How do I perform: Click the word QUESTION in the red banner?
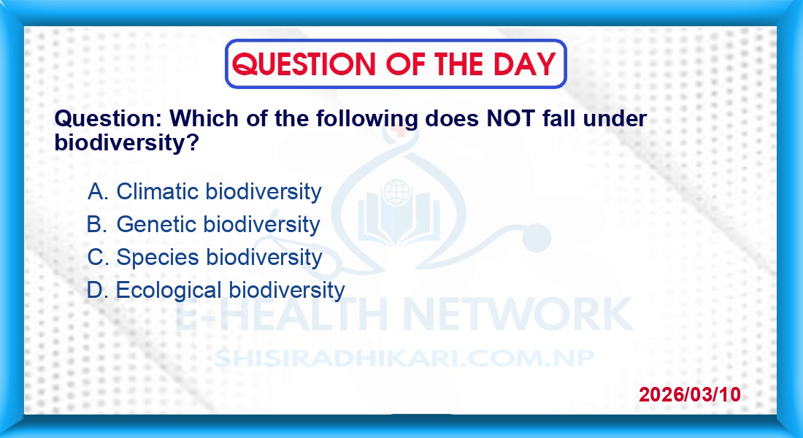pos(304,64)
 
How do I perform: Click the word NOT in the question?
pos(510,119)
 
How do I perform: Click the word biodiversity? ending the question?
pos(126,142)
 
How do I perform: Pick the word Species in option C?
pos(157,258)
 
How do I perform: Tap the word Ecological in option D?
pos(172,291)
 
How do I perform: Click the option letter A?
pos(98,191)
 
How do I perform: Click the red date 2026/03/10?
pos(690,394)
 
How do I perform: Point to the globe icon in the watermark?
pos(396,193)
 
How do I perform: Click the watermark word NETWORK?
pos(518,314)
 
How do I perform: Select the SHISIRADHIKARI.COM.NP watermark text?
pos(404,358)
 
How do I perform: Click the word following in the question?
pos(367,120)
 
